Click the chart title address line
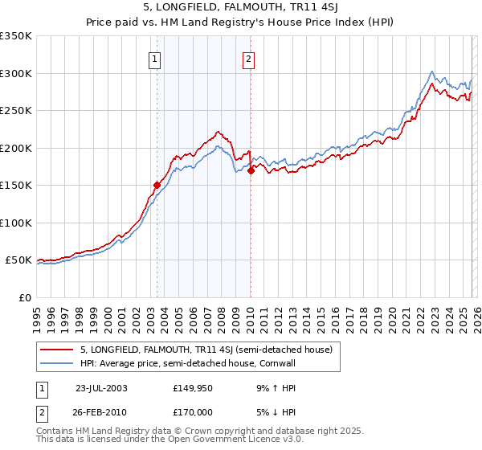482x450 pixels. [241, 9]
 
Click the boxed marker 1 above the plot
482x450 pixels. [153, 58]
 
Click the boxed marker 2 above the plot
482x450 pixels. [249, 58]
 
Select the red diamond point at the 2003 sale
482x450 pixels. [157, 184]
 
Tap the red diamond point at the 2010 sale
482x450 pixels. [251, 170]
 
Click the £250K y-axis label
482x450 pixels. [16, 111]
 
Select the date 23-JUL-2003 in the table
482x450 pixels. [100, 387]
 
